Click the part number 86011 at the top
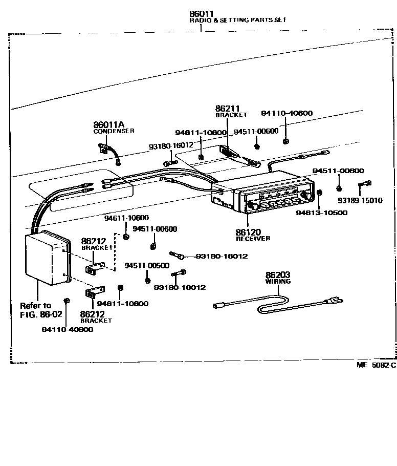(x=202, y=14)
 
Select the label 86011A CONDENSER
(x=114, y=128)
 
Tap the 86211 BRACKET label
(x=231, y=111)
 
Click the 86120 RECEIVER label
(x=253, y=235)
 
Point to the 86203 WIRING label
(x=278, y=278)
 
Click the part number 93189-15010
(x=360, y=200)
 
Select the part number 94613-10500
(x=322, y=213)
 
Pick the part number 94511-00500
(x=147, y=265)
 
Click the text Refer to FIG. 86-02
(x=41, y=310)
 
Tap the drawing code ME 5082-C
(x=376, y=365)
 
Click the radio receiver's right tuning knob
(x=305, y=195)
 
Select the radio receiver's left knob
(x=253, y=206)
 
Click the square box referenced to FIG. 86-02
(x=48, y=258)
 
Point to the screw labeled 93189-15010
(x=365, y=183)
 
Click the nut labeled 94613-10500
(x=320, y=192)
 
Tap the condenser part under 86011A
(x=109, y=152)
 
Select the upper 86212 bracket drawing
(x=95, y=268)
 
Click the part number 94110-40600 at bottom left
(x=68, y=329)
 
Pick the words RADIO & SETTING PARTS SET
(x=237, y=20)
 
